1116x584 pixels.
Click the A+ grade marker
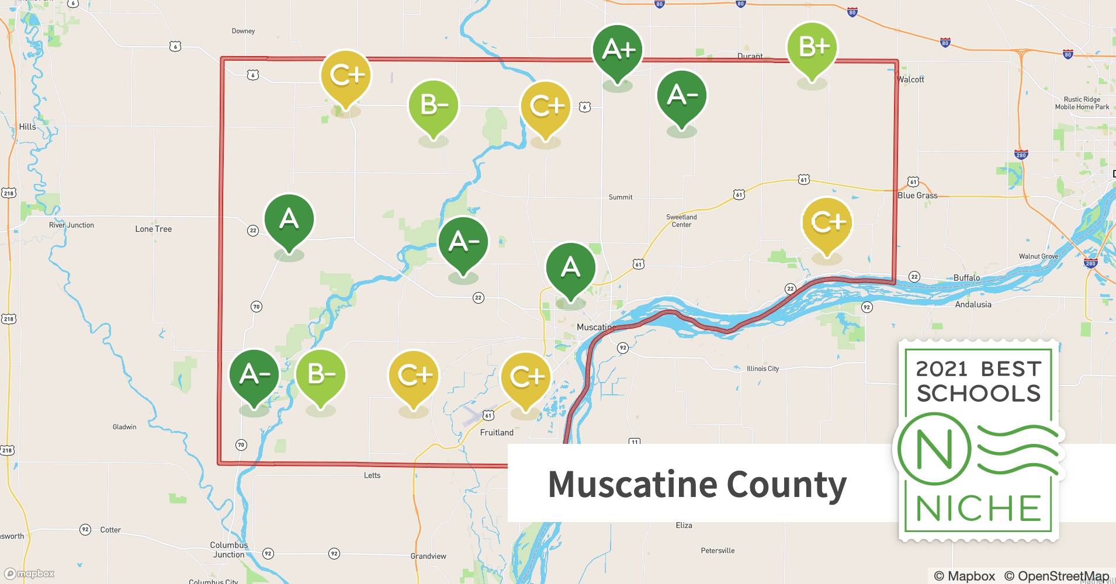[x=618, y=50]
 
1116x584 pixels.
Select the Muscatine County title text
[x=697, y=484]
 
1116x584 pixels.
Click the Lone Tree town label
[x=154, y=229]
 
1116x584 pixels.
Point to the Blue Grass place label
[x=917, y=196]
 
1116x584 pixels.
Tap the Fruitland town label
[x=497, y=433]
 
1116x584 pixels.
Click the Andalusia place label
[x=973, y=304]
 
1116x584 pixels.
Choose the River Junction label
[x=71, y=225]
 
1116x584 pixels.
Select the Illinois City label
[x=763, y=369]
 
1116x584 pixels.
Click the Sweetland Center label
[x=681, y=221]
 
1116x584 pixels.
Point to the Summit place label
[x=621, y=197]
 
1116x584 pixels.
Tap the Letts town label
[x=372, y=475]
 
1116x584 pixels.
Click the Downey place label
[x=243, y=31]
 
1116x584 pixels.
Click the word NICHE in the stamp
[x=979, y=508]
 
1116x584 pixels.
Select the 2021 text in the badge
[x=941, y=369]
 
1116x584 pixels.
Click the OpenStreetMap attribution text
[x=1056, y=576]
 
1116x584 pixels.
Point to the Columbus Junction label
[x=229, y=550]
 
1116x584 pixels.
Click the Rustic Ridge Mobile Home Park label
[x=1082, y=103]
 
